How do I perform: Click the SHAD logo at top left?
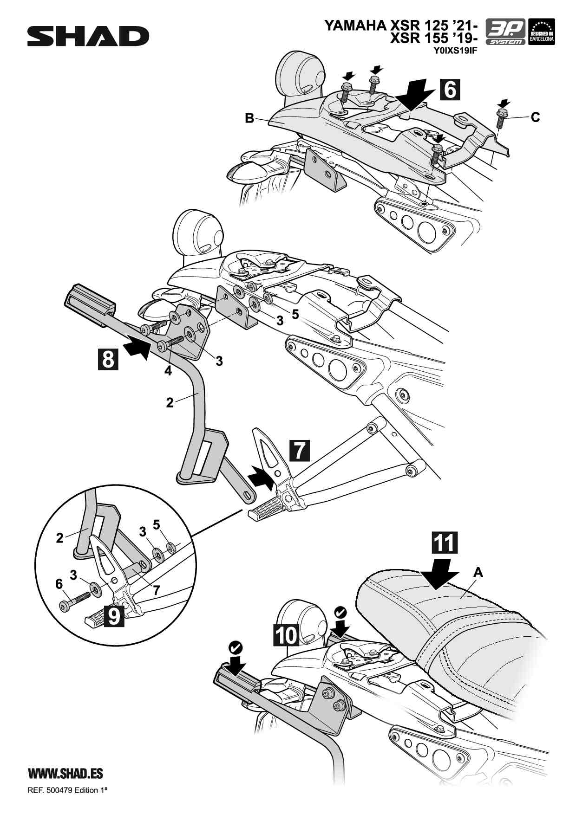pyautogui.click(x=88, y=36)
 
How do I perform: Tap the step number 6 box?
pyautogui.click(x=450, y=89)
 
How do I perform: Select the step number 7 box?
pyautogui.click(x=300, y=450)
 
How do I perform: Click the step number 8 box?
pyautogui.click(x=108, y=359)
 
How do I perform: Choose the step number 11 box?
pyautogui.click(x=445, y=542)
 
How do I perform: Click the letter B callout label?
pyautogui.click(x=250, y=118)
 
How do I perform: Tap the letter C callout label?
pyautogui.click(x=536, y=117)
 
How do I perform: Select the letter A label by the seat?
pyautogui.click(x=478, y=573)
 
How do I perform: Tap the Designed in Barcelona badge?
pyautogui.click(x=542, y=32)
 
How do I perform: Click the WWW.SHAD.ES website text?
pyautogui.click(x=65, y=773)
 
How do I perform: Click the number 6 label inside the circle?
pyautogui.click(x=59, y=584)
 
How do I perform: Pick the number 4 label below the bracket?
pyautogui.click(x=168, y=371)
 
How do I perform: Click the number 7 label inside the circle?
pyautogui.click(x=157, y=590)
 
